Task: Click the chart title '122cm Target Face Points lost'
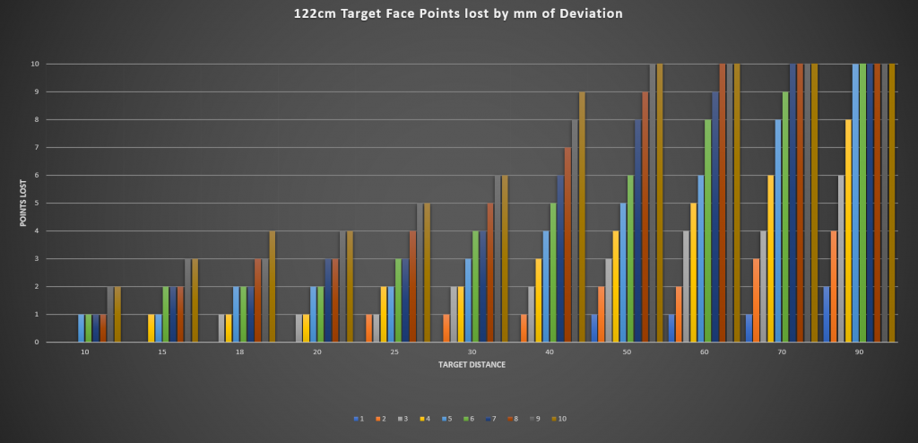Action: (x=458, y=14)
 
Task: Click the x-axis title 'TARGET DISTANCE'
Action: (x=471, y=366)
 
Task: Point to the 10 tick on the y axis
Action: (x=35, y=65)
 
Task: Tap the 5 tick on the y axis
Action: (x=36, y=204)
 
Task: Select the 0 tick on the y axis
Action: (x=36, y=343)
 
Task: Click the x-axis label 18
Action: (x=240, y=353)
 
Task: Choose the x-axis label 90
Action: (x=859, y=353)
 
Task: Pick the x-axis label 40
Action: (x=550, y=353)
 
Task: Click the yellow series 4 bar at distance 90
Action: (x=849, y=230)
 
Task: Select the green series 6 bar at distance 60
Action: (x=708, y=230)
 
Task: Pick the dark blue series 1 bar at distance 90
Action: (x=827, y=314)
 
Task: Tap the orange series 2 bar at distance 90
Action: (x=834, y=286)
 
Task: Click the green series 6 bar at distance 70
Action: (x=786, y=217)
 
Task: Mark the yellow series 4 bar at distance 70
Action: (x=771, y=258)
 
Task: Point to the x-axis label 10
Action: (x=85, y=353)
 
